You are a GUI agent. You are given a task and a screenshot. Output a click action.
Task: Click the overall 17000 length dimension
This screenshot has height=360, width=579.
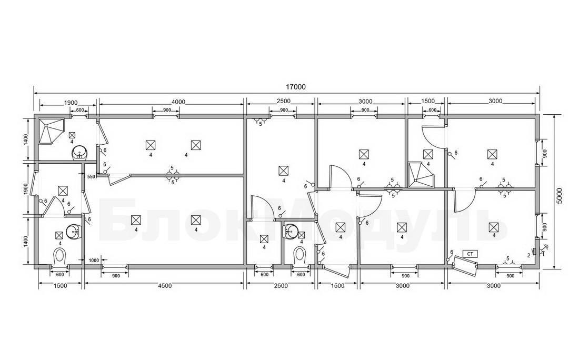pos(296,87)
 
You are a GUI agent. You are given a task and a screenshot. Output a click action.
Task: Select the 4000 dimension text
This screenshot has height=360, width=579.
pos(179,102)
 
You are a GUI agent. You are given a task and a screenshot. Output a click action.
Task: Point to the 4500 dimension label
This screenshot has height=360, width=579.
pos(165,285)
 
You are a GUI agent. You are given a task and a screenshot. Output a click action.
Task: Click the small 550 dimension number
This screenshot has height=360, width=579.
pos(91,177)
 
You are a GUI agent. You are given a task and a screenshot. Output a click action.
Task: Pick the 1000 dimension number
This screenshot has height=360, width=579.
pos(94,261)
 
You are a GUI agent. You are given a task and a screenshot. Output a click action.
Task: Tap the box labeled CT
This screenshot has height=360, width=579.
pos(470,254)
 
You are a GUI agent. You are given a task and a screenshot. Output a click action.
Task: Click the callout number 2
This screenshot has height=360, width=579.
pos(528,255)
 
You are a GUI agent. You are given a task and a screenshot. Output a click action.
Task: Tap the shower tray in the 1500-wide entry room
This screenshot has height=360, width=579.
pos(421,175)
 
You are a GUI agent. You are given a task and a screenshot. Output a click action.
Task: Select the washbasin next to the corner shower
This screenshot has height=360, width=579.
pos(79,152)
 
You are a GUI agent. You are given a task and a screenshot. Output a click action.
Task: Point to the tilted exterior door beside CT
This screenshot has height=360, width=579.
pos(465,265)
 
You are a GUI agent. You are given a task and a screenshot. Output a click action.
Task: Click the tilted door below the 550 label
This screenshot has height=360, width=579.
pos(119,179)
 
